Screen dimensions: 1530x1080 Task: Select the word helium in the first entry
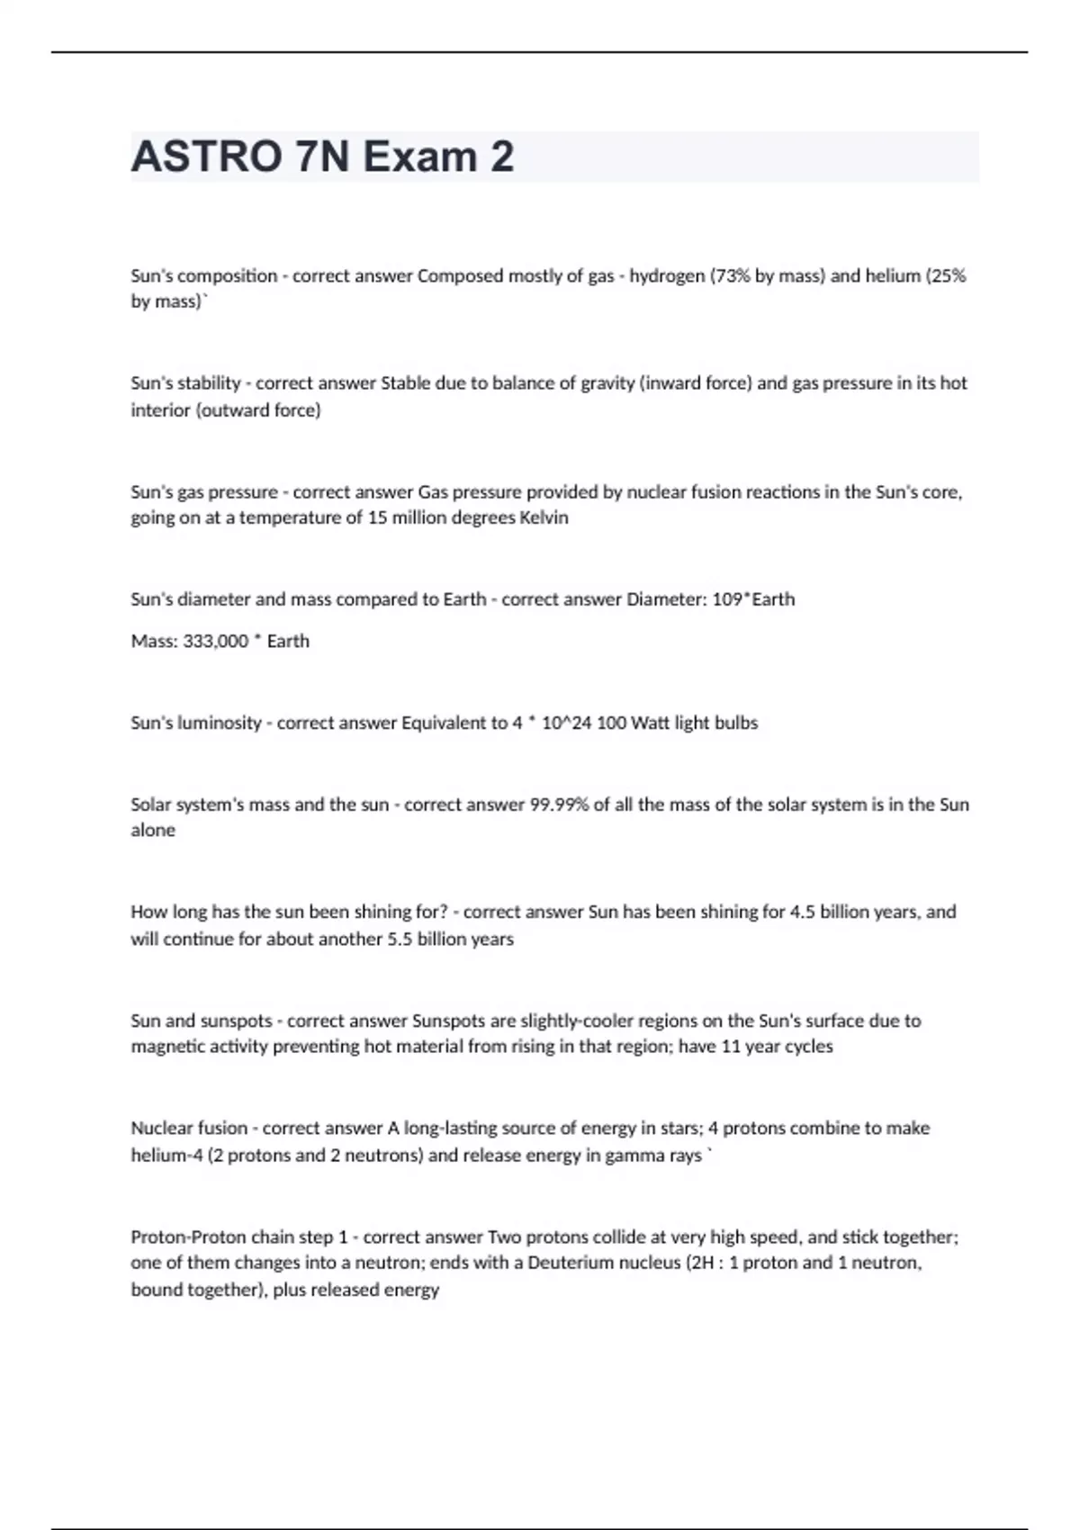[893, 276]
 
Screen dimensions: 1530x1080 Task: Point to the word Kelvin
[544, 518]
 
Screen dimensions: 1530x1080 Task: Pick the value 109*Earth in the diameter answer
[753, 599]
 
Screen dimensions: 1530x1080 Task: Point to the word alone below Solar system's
[153, 831]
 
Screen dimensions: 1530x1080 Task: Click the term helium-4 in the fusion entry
[166, 1156]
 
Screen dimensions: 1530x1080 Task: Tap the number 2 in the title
[502, 157]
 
